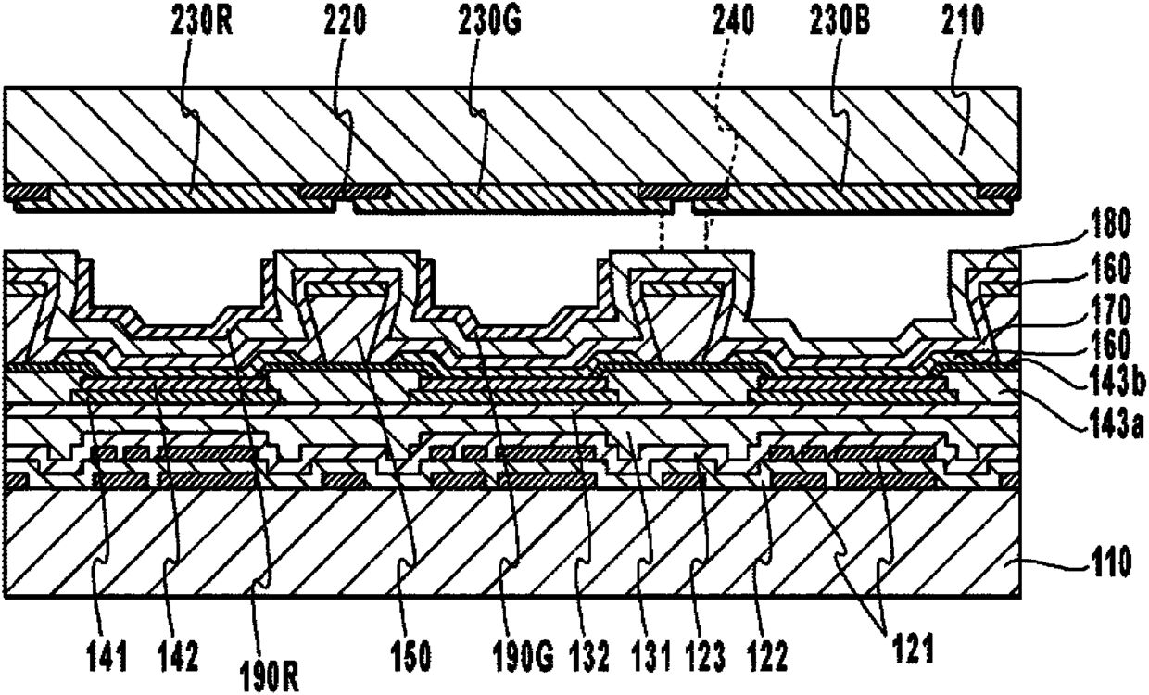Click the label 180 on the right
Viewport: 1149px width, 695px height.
pyautogui.click(x=1110, y=223)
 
